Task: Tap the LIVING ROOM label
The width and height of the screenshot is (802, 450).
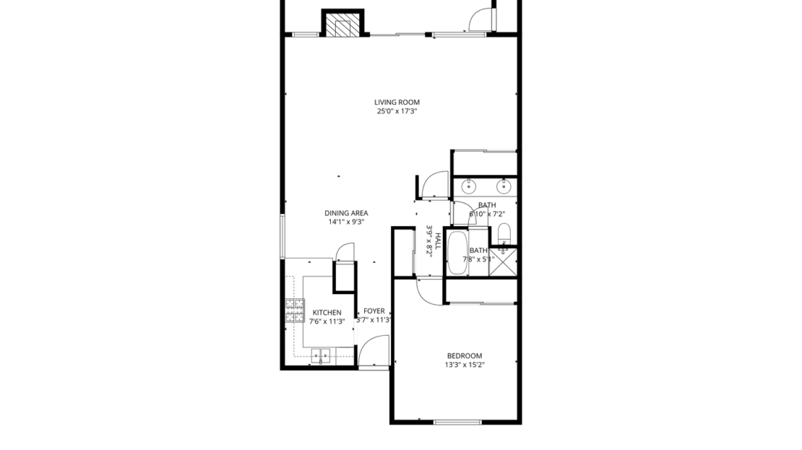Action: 397,103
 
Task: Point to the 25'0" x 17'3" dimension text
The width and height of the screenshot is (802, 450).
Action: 397,112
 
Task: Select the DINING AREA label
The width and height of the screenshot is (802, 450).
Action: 346,213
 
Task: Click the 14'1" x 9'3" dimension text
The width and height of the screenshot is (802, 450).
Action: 346,222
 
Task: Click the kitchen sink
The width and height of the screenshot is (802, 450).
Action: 321,355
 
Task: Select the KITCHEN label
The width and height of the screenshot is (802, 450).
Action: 327,313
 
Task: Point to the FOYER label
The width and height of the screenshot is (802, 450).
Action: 374,311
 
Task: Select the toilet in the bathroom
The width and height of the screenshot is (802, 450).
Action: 504,233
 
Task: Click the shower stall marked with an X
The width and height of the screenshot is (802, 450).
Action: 504,261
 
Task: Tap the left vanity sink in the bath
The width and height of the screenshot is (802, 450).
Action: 468,187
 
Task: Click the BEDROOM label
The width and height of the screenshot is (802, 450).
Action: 464,355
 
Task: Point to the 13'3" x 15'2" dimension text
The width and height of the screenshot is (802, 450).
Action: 465,365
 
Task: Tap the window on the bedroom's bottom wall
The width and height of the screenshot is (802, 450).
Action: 457,422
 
